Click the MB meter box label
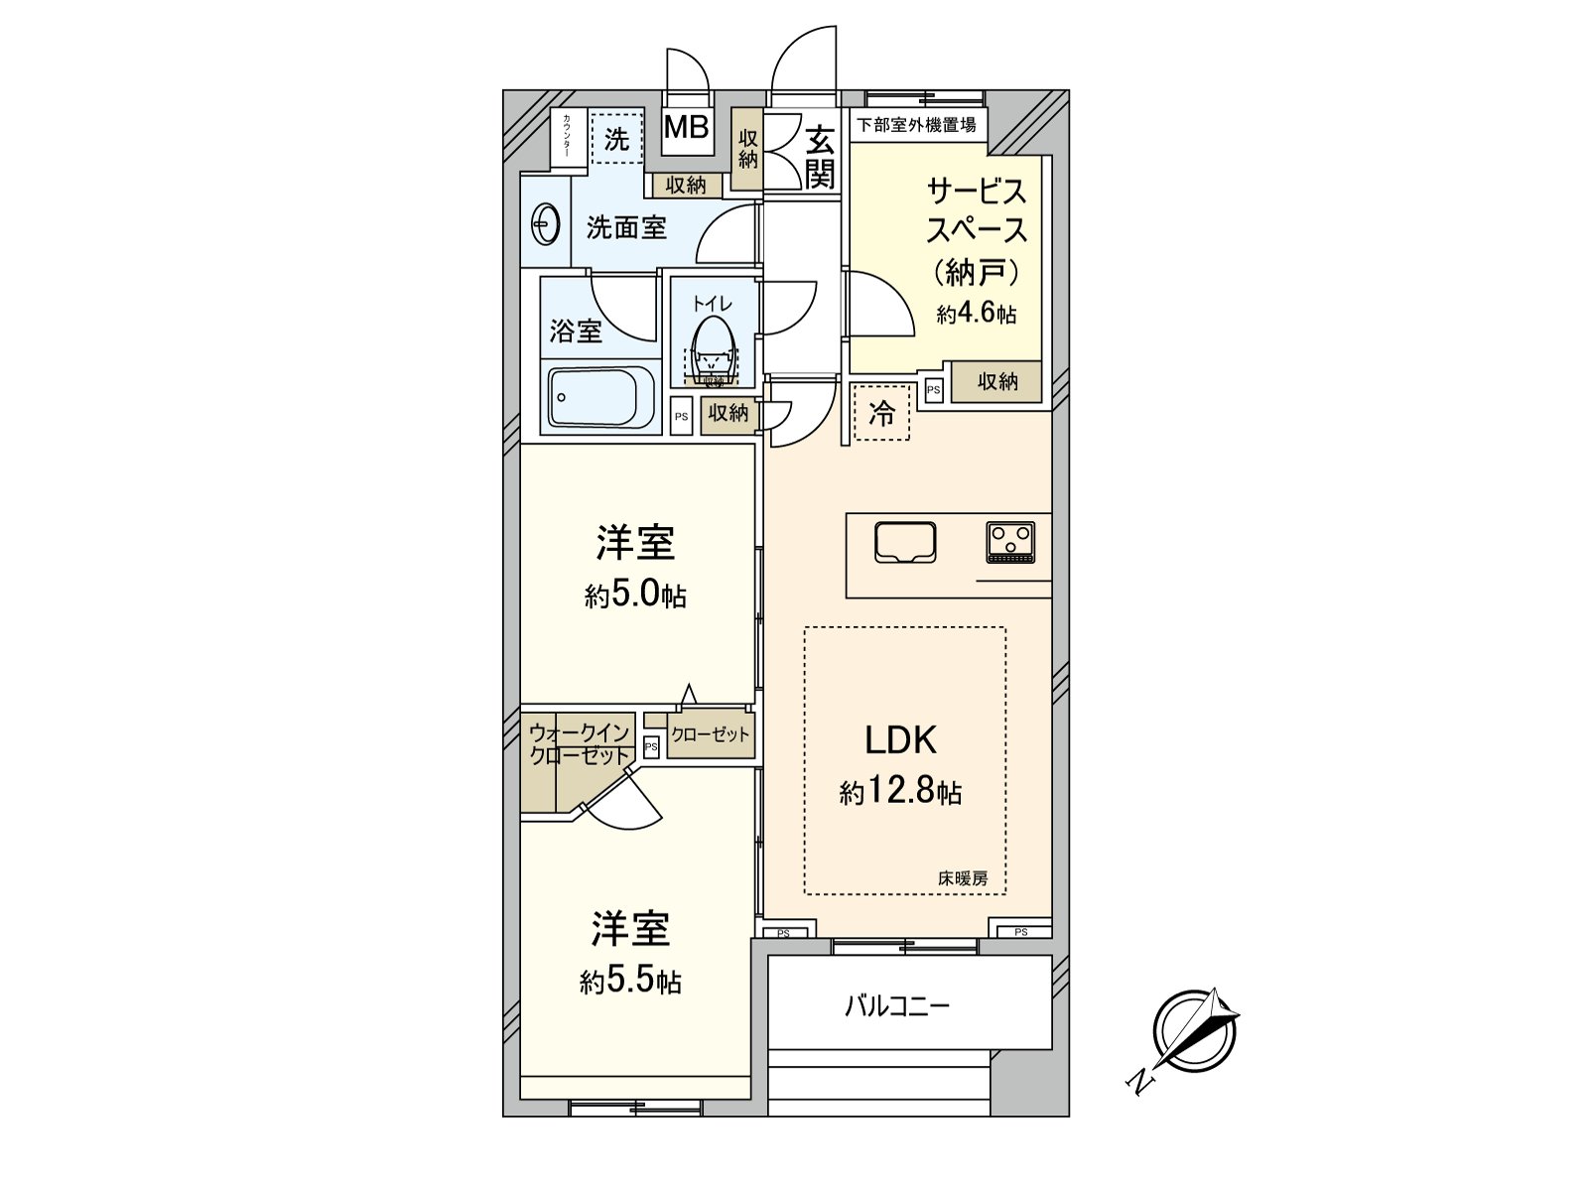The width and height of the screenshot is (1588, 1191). click(686, 127)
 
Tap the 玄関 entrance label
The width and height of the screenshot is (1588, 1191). click(820, 157)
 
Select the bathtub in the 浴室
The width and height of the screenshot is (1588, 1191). click(601, 397)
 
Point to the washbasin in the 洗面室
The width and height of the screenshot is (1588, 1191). click(544, 225)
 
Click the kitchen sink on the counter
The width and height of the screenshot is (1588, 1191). click(905, 543)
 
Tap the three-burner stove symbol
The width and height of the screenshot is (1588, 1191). click(1010, 542)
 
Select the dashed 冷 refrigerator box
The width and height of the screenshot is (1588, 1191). click(881, 413)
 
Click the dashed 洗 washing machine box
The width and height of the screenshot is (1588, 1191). click(616, 139)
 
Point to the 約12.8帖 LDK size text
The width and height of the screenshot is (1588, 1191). click(900, 792)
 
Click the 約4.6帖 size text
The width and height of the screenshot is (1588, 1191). click(977, 314)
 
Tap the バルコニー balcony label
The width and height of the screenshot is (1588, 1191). click(897, 1006)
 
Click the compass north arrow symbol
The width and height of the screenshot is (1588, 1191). click(1195, 1032)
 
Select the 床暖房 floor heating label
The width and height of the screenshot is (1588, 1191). click(963, 878)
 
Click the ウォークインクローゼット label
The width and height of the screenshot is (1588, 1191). click(580, 744)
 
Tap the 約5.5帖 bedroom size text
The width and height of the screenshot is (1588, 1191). click(631, 982)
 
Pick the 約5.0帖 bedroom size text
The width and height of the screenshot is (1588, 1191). click(635, 595)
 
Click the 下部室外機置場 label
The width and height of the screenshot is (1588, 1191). click(916, 125)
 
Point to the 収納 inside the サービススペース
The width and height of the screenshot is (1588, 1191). click(996, 381)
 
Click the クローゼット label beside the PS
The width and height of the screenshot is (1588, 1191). click(710, 735)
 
